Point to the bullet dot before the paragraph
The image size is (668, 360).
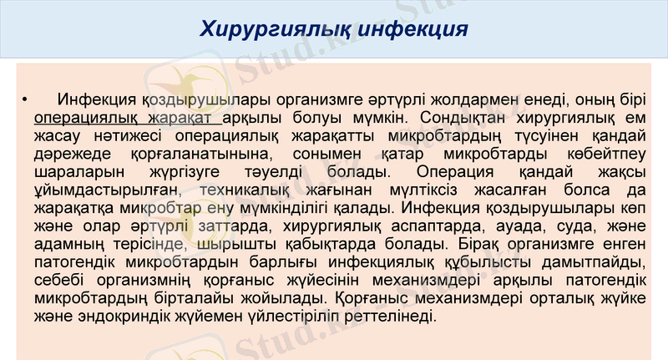(24, 101)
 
